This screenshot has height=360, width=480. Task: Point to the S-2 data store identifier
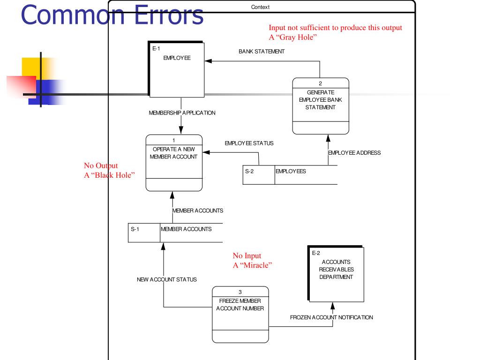coord(249,171)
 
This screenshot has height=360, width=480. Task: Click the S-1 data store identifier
coord(135,229)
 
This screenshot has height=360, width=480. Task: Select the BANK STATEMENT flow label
coord(261,52)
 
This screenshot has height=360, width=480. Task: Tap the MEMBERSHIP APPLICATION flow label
coord(182,113)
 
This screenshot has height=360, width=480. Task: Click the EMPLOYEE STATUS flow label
coord(249,143)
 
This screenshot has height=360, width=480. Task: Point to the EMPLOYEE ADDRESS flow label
coord(354,153)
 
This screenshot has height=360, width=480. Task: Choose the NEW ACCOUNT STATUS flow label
coord(166,280)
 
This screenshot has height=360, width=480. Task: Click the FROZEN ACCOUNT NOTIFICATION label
coord(331,317)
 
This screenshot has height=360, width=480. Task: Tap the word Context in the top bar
coord(261,7)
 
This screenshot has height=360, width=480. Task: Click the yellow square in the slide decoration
coord(32,67)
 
